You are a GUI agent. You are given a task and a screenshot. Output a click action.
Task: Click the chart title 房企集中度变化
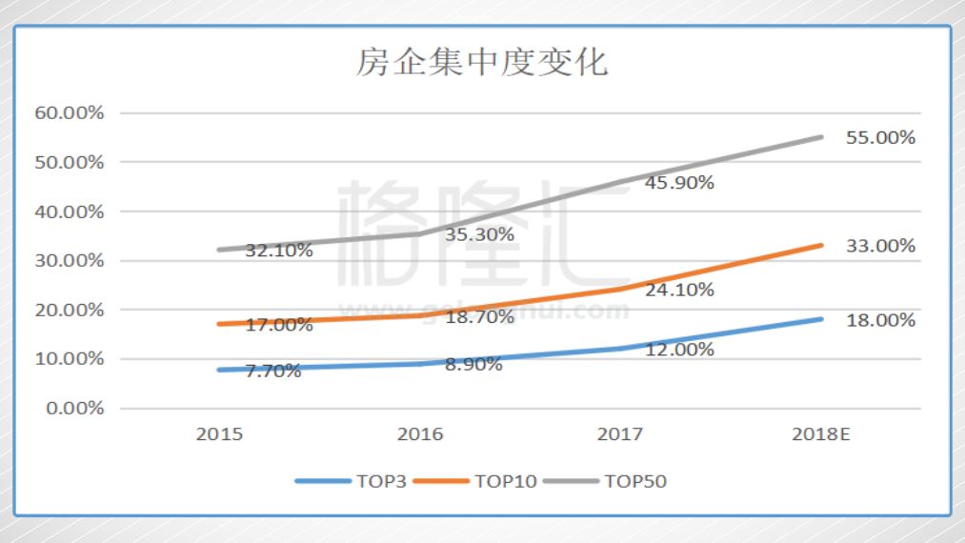click(482, 63)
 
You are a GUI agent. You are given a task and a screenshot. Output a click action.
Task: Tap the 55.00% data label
click(880, 138)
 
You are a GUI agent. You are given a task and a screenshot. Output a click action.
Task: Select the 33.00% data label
click(880, 246)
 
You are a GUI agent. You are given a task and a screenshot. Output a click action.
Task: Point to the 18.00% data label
click(880, 320)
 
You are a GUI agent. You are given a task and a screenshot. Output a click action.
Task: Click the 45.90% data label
click(679, 183)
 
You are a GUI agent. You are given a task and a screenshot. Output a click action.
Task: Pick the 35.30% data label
click(479, 234)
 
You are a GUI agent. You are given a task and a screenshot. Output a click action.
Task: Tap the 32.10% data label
click(279, 251)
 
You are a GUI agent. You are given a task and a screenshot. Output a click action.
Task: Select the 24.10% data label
click(679, 290)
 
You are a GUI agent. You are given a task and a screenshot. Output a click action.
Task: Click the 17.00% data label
click(279, 325)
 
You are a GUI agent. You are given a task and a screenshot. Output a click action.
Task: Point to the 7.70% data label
click(273, 371)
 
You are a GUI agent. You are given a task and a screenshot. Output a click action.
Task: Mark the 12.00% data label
click(679, 350)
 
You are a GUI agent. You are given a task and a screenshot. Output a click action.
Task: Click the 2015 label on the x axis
click(219, 434)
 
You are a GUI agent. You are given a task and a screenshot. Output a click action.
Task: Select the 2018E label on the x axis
click(821, 434)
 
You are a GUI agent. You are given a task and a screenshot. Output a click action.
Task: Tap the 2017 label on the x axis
click(620, 434)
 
